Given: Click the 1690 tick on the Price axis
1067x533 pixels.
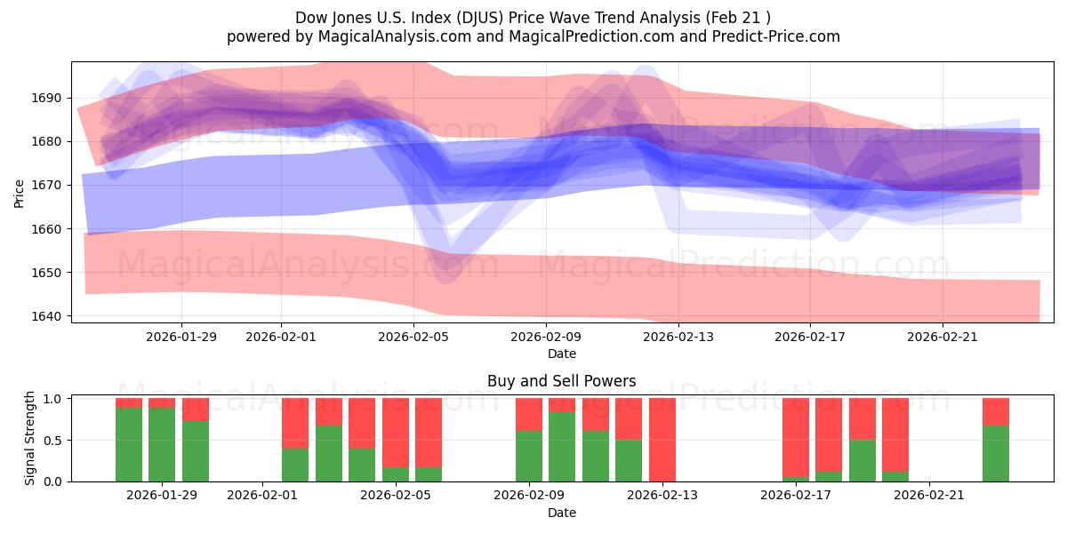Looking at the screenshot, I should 49,98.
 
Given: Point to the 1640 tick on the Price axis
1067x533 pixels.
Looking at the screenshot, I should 49,316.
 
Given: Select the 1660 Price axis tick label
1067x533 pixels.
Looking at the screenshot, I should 49,229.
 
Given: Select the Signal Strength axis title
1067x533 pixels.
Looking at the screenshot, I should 30,438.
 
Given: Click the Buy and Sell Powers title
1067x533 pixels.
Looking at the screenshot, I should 561,381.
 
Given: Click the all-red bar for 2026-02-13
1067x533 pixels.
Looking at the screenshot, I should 662,440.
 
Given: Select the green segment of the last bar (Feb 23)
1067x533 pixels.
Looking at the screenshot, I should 996,454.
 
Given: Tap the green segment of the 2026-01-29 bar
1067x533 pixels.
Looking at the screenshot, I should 162,444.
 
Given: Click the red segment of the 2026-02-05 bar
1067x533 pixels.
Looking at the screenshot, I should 396,431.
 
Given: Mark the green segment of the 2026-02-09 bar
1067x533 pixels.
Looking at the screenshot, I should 529,456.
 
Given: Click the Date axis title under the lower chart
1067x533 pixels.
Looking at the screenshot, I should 561,513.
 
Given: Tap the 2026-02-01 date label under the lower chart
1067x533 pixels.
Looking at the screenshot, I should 263,496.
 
